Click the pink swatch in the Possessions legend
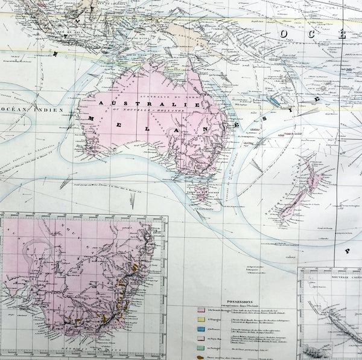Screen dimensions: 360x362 [200, 309]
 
